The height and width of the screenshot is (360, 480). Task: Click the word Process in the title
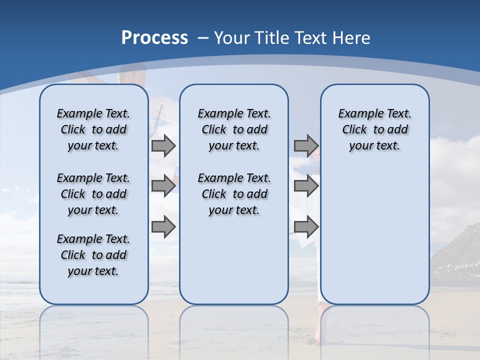[x=154, y=38]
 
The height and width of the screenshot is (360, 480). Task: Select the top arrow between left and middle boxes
[x=163, y=146]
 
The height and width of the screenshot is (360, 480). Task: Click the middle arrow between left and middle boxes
[x=163, y=186]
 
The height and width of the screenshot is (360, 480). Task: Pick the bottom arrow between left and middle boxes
[x=163, y=226]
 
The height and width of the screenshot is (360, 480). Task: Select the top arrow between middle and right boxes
[x=306, y=146]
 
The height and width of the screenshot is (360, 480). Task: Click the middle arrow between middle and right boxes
[x=306, y=186]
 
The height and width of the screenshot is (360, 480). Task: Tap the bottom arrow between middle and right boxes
[x=306, y=226]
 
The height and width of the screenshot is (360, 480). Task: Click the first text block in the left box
[x=93, y=129]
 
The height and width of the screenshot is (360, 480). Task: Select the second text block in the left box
[x=93, y=194]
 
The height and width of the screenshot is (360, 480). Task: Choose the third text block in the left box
[x=93, y=255]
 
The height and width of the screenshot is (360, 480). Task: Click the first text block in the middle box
[x=234, y=129]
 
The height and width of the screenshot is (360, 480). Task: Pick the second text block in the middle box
[x=234, y=194]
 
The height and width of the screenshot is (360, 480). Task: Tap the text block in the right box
[x=374, y=129]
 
